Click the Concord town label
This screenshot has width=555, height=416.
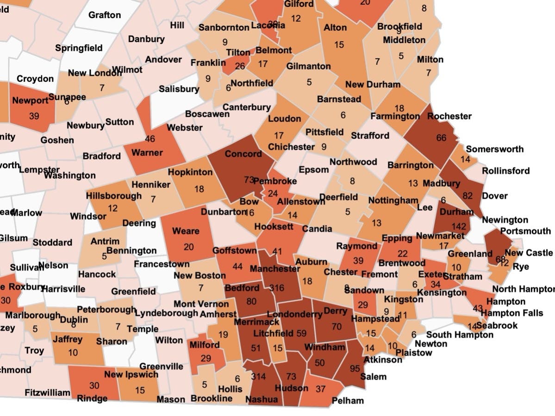coord(243,154)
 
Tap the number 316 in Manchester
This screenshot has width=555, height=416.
coord(276,288)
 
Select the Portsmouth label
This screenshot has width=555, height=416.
coord(525,231)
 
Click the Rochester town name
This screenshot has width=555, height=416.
coord(449,116)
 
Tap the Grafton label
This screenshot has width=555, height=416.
coord(105,15)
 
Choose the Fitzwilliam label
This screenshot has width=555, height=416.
coord(47,392)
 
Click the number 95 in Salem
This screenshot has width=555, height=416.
coord(355,369)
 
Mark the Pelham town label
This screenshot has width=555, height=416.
coord(348,400)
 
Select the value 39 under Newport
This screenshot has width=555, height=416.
coord(34,116)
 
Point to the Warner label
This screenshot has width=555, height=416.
coord(147,153)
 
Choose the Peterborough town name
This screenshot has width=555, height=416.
coord(106,309)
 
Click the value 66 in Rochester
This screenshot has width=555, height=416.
coord(441,137)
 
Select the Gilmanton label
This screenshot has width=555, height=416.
coord(308,66)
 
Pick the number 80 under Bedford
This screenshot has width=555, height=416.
coord(252,302)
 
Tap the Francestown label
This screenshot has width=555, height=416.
coord(162,264)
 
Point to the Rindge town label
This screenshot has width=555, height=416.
coord(92,398)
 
